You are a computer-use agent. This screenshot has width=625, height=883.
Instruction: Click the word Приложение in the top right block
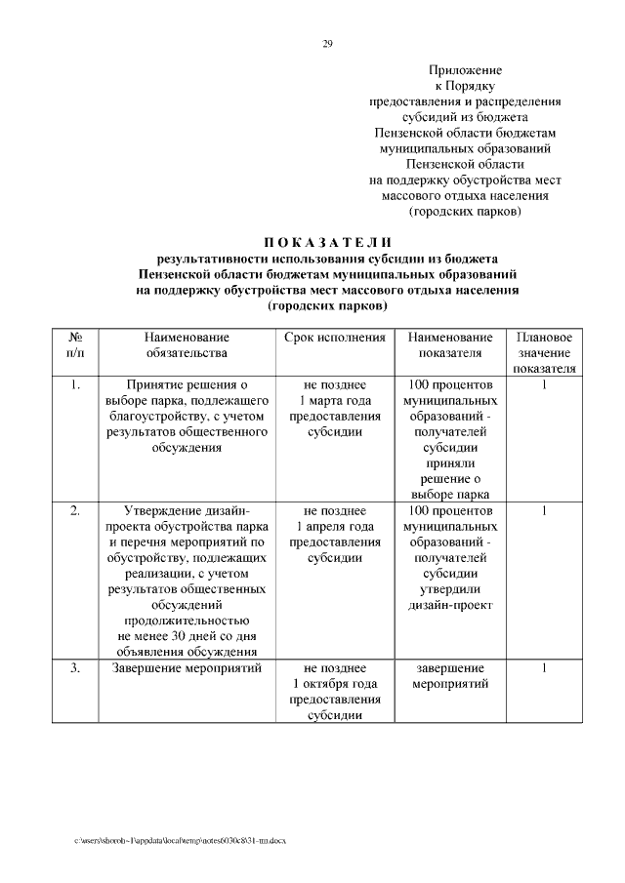point(465,70)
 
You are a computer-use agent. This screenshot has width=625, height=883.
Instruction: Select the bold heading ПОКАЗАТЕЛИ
point(327,242)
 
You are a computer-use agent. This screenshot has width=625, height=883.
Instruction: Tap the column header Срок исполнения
point(335,337)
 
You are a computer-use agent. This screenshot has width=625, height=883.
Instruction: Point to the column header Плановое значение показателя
point(544,352)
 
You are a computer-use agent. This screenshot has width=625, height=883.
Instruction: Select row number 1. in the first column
point(75,384)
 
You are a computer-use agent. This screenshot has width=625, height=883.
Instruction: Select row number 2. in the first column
point(75,510)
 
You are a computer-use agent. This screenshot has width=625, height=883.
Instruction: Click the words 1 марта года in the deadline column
point(335,400)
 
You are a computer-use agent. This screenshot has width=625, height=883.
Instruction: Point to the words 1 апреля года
point(335,526)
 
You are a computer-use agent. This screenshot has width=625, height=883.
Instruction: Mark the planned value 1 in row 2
point(544,510)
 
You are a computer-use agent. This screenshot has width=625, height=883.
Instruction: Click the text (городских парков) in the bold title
point(327,305)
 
